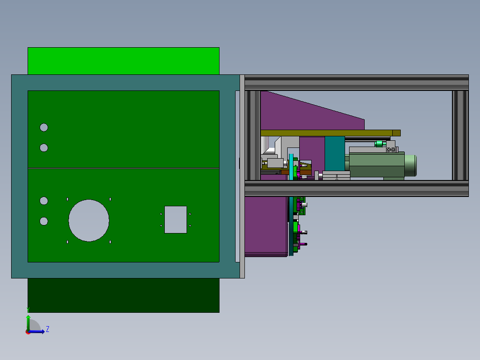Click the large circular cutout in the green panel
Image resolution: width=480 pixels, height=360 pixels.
89,221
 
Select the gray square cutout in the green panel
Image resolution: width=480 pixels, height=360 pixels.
175,219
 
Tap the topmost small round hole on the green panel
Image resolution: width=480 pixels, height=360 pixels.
44,127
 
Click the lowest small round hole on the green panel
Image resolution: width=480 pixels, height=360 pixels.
44,221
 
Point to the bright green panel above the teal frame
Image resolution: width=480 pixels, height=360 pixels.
123,61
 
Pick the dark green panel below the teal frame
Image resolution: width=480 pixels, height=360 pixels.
123,295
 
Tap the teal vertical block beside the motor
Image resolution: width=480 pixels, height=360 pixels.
334,153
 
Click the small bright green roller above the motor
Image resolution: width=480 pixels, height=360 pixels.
380,143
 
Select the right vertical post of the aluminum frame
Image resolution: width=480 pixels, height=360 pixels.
460,135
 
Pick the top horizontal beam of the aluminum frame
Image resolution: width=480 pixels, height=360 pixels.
356,82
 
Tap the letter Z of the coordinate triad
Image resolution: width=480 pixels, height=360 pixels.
48,329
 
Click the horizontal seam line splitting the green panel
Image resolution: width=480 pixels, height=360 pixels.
123,168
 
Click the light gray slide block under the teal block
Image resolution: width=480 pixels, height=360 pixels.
336,175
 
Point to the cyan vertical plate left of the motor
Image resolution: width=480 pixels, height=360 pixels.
291,167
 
